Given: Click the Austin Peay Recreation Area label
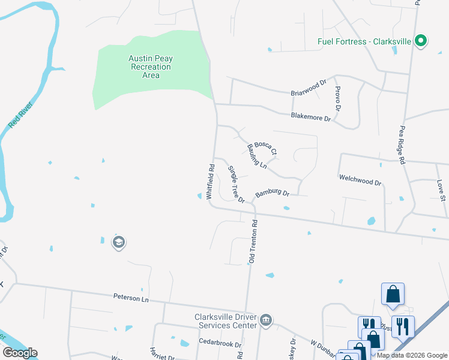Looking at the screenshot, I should pyautogui.click(x=151, y=67).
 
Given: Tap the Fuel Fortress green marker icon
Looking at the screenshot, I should pyautogui.click(x=421, y=41).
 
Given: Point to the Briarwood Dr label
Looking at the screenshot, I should pyautogui.click(x=308, y=88).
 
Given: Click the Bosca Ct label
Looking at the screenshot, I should pyautogui.click(x=265, y=147).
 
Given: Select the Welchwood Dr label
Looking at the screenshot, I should pyautogui.click(x=360, y=179).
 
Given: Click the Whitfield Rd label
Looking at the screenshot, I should pyautogui.click(x=211, y=182).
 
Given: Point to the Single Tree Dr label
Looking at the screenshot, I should pyautogui.click(x=236, y=184).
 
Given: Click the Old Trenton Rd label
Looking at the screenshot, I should pyautogui.click(x=253, y=241).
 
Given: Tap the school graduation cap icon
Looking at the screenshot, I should pyautogui.click(x=118, y=242).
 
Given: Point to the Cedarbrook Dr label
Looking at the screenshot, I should pyautogui.click(x=220, y=344).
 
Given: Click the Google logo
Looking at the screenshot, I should pyautogui.click(x=20, y=353).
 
